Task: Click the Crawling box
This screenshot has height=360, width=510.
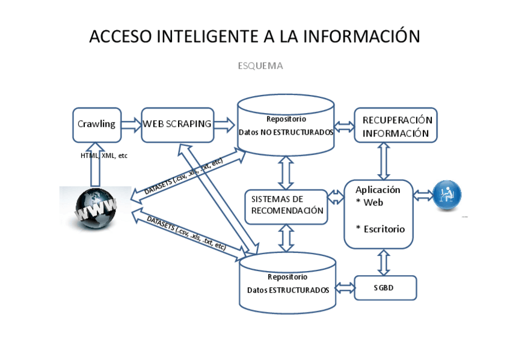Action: (97, 124)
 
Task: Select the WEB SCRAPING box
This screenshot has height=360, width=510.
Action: (177, 124)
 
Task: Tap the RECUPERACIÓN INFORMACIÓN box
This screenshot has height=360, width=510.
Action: (396, 125)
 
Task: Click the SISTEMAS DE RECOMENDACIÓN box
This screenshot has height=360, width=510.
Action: (287, 205)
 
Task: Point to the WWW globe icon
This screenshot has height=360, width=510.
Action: (95, 208)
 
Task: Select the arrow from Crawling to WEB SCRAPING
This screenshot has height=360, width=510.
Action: (131, 124)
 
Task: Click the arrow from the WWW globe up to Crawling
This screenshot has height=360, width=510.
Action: (96, 165)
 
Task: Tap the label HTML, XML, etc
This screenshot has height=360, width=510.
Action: (104, 156)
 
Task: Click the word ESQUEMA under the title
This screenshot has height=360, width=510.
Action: (260, 66)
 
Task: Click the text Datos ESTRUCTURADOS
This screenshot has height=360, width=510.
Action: (288, 290)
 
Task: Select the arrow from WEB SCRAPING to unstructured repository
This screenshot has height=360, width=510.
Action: (225, 124)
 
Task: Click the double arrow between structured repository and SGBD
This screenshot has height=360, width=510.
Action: (345, 288)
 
